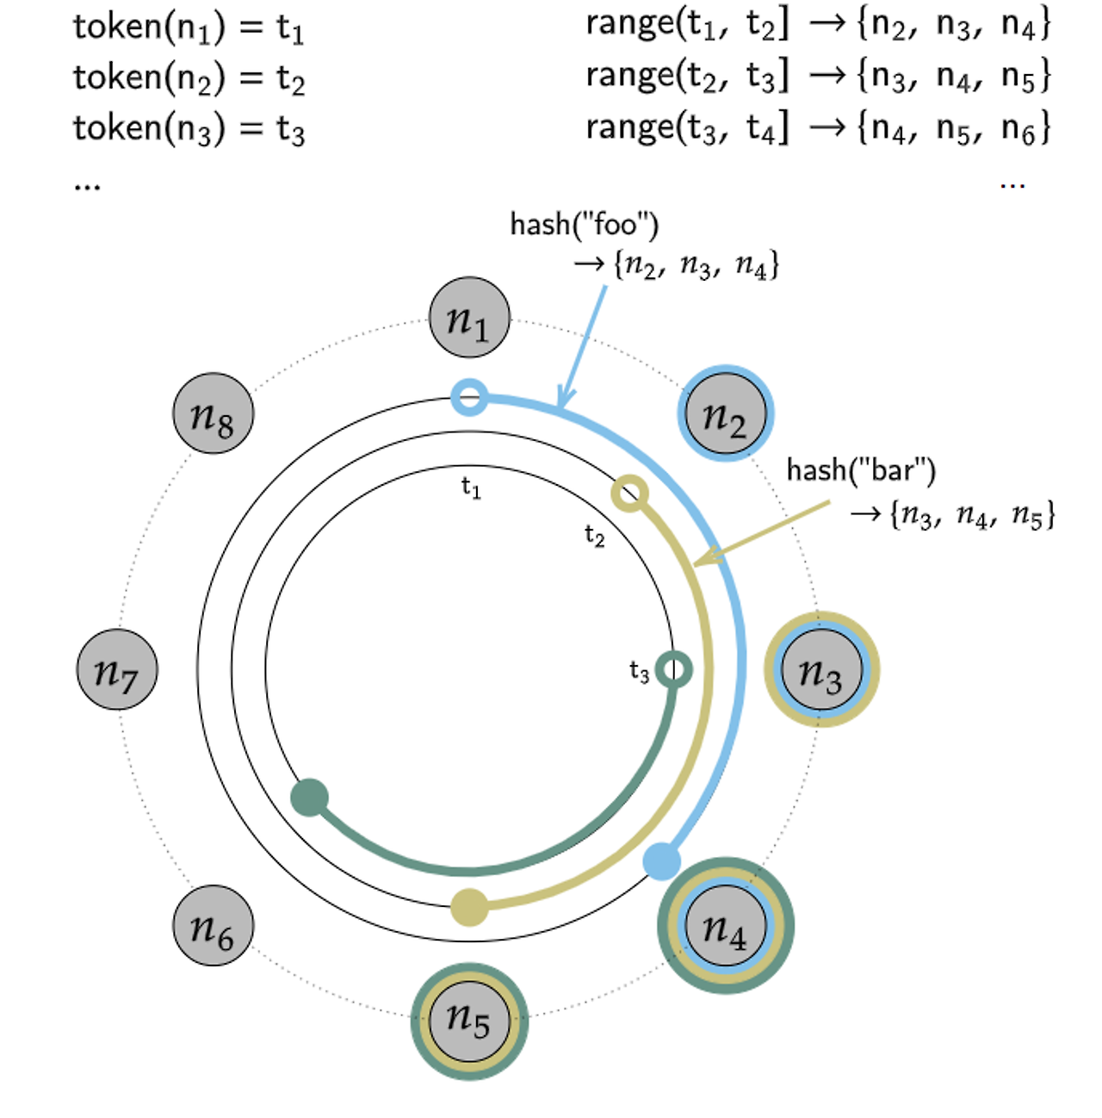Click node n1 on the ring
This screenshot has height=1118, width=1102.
pyautogui.click(x=469, y=318)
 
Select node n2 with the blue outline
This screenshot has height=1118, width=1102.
pyautogui.click(x=726, y=413)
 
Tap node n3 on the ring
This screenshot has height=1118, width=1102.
pyautogui.click(x=821, y=669)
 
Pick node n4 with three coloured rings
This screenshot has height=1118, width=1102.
pyautogui.click(x=726, y=926)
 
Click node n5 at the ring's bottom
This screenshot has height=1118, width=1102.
pyautogui.click(x=469, y=1022)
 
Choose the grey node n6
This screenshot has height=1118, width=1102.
pyautogui.click(x=214, y=926)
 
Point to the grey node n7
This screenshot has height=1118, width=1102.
pyautogui.click(x=117, y=669)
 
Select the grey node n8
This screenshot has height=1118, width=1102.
pyautogui.click(x=214, y=413)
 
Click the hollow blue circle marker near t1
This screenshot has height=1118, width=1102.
pyautogui.click(x=469, y=398)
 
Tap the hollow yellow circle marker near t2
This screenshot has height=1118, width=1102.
pyautogui.click(x=629, y=494)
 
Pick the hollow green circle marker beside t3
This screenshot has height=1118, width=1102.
pyautogui.click(x=673, y=669)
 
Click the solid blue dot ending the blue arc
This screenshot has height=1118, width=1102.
pyautogui.click(x=661, y=860)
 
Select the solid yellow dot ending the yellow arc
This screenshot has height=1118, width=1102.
pyautogui.click(x=469, y=908)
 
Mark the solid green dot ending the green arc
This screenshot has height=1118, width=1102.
pyautogui.click(x=310, y=797)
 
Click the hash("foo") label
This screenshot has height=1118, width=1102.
pyautogui.click(x=585, y=225)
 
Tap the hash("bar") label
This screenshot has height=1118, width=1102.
pyautogui.click(x=861, y=470)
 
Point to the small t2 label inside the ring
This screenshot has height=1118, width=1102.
pyautogui.click(x=594, y=536)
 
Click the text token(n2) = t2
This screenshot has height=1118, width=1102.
pyautogui.click(x=189, y=78)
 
